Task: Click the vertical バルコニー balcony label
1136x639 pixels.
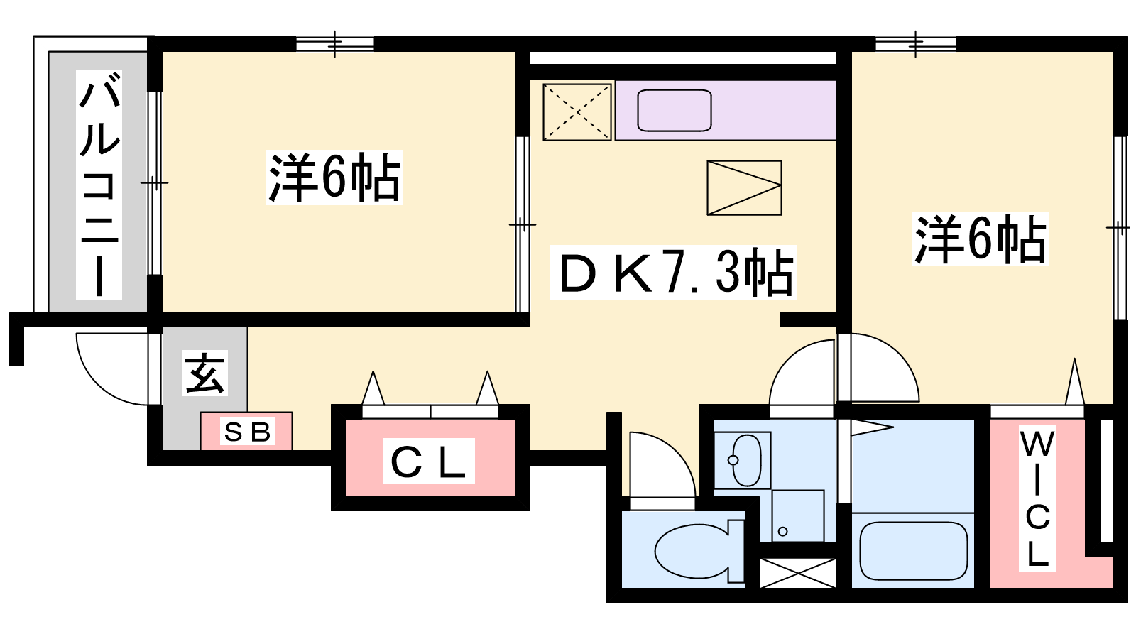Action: (99, 185)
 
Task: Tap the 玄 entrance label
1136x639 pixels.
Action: (205, 373)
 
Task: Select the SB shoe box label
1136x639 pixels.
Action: (248, 432)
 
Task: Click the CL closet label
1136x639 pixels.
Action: (429, 461)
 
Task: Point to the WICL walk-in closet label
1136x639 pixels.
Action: (1037, 498)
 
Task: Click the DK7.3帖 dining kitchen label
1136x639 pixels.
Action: (674, 273)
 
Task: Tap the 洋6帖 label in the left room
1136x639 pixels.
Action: (334, 177)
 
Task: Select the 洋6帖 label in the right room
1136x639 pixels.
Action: (981, 239)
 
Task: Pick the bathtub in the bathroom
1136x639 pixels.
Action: (913, 551)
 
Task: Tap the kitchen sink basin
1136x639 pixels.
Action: (674, 111)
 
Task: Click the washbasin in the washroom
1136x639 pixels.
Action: (746, 460)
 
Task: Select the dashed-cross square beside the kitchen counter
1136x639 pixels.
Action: (577, 111)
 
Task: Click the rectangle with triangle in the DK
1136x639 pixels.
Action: (745, 187)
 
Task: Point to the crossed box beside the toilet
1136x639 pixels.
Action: (798, 573)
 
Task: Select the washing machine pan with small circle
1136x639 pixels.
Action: (798, 515)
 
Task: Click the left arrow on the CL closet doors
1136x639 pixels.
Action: (373, 388)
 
